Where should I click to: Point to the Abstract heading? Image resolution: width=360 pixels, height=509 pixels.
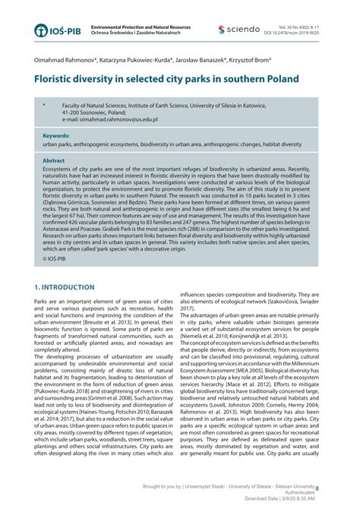[54, 160]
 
